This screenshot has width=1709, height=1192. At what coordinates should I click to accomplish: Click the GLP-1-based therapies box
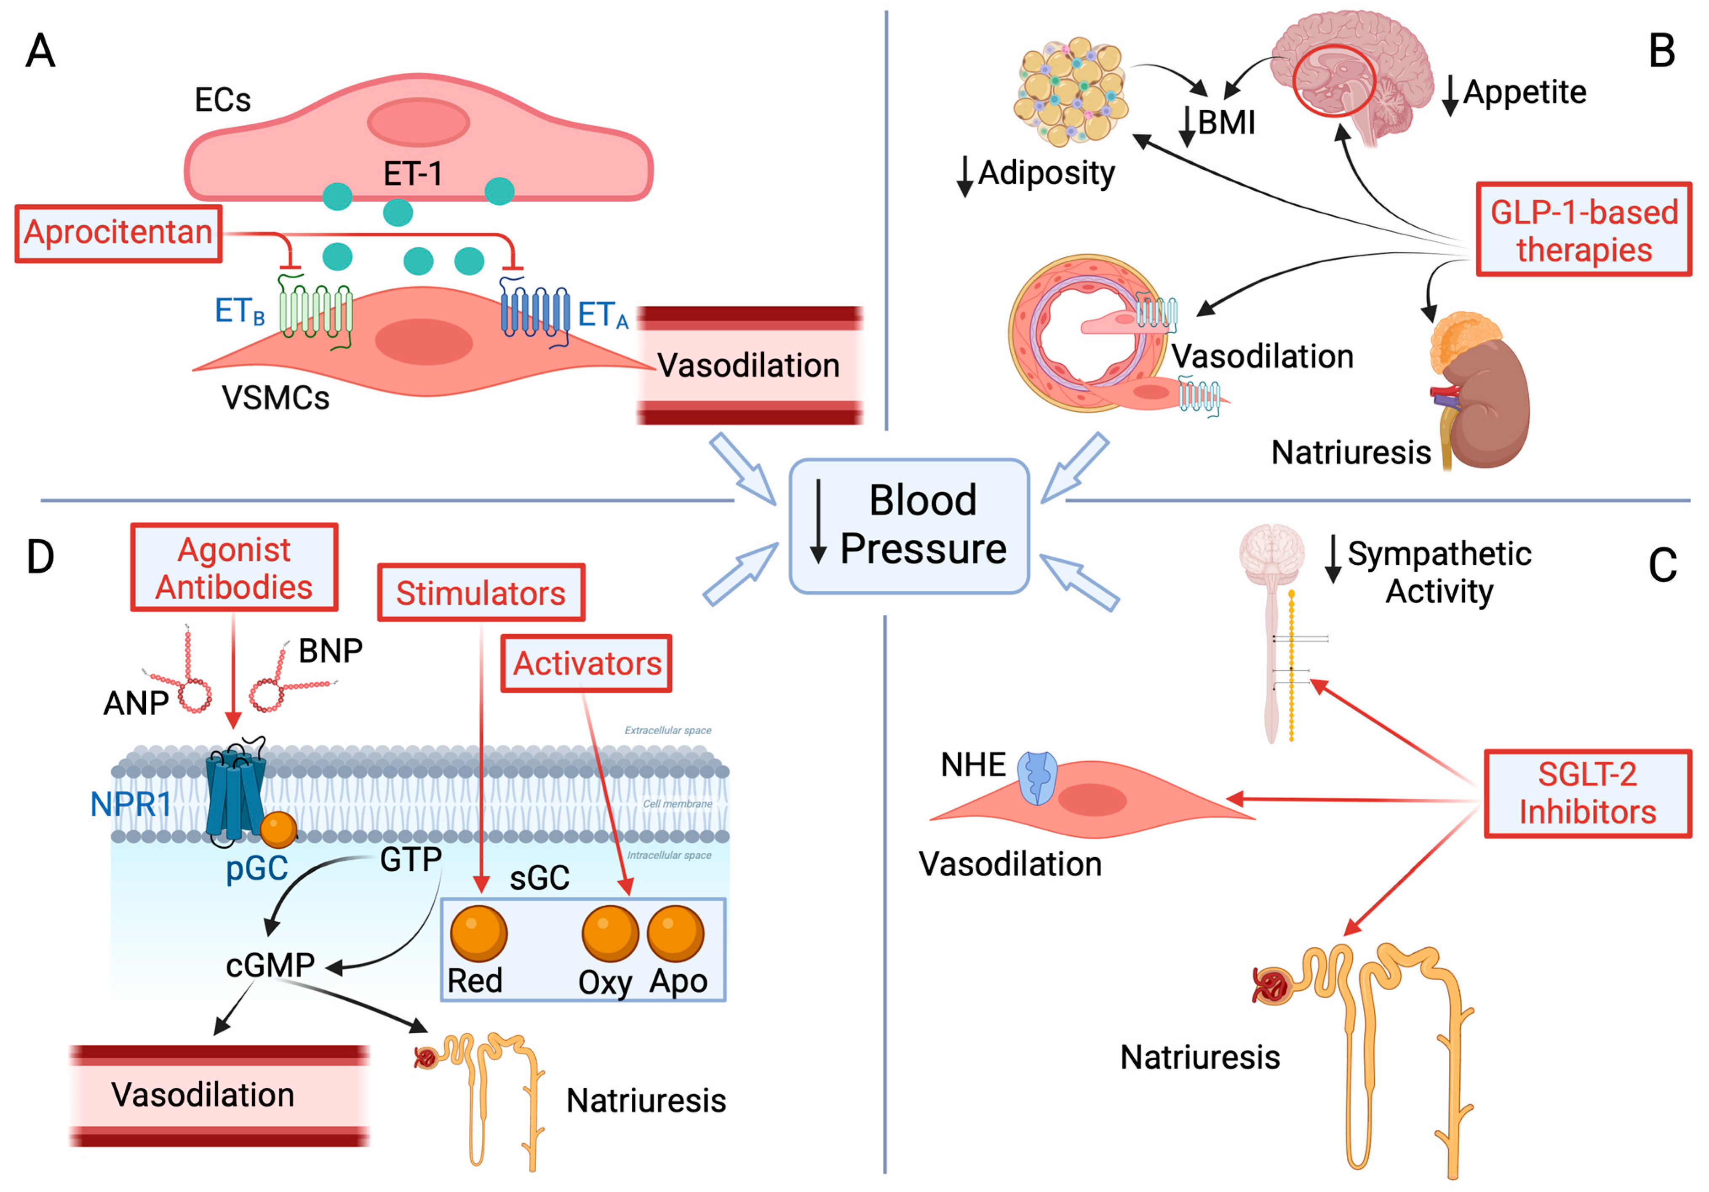coord(1583,230)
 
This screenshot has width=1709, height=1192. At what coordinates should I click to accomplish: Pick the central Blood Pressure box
coord(909,525)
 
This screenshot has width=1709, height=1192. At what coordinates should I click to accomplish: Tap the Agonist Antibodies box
coord(234,568)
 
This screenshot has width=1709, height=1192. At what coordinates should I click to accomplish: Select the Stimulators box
coord(481,593)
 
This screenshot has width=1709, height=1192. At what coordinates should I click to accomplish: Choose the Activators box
coord(587,663)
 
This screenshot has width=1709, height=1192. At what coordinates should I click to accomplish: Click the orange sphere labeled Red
coord(478,933)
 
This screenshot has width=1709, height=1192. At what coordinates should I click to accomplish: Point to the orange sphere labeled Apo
coord(675,933)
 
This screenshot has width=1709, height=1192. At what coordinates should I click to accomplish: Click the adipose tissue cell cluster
coord(1072,91)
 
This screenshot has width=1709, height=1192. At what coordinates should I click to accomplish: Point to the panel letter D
coord(40,557)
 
